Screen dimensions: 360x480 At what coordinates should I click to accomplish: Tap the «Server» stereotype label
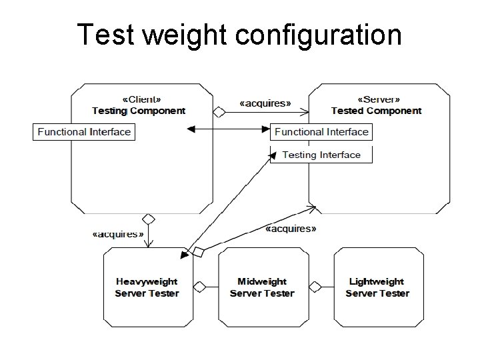(x=376, y=99)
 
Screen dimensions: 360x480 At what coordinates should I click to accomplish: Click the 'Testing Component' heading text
(x=139, y=111)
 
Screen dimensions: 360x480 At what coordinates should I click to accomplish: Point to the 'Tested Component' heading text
(x=376, y=111)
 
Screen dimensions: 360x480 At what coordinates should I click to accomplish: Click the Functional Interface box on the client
(x=84, y=132)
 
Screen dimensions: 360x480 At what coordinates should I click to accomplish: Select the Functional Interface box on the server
(x=321, y=132)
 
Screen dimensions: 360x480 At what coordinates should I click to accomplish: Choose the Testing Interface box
(x=321, y=155)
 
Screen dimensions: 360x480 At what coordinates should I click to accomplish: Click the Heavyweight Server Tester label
(x=147, y=287)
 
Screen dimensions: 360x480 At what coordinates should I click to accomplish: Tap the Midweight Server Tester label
(x=262, y=287)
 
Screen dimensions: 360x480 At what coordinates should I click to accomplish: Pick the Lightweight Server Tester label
(x=377, y=287)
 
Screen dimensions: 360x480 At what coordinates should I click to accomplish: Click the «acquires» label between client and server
(x=265, y=103)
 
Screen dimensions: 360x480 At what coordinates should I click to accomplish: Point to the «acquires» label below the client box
(x=118, y=234)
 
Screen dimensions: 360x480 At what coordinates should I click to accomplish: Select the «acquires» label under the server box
(x=291, y=229)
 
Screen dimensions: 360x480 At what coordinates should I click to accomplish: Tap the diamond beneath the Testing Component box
(x=148, y=219)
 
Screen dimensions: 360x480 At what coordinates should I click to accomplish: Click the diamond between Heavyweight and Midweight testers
(x=199, y=287)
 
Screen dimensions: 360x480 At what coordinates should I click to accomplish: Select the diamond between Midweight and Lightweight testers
(x=315, y=287)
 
